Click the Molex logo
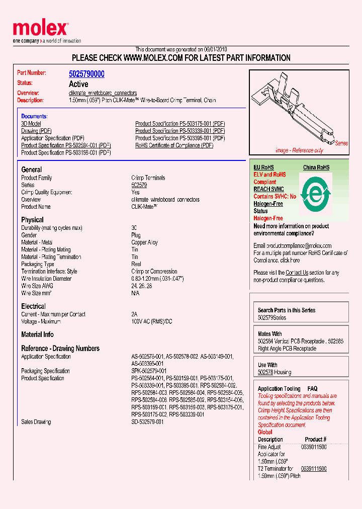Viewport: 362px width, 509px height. [40, 30]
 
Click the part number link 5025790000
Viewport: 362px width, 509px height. [86, 74]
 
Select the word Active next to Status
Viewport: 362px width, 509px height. [78, 84]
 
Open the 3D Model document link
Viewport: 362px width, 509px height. [31, 123]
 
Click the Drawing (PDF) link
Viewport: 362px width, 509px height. [37, 131]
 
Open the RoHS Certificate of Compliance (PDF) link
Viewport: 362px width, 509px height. [174, 145]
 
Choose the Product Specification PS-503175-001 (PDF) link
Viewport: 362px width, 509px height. [179, 123]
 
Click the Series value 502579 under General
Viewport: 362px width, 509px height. [139, 185]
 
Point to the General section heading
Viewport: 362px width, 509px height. [32, 169]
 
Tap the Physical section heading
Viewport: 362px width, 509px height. [32, 220]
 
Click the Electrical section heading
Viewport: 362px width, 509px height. [33, 306]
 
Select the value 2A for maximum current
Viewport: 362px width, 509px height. [134, 314]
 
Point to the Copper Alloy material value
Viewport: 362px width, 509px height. [144, 242]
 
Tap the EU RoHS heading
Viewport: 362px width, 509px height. [263, 167]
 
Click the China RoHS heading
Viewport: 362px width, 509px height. [316, 167]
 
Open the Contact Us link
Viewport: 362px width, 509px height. [297, 273]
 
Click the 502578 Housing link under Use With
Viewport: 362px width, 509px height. [265, 372]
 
